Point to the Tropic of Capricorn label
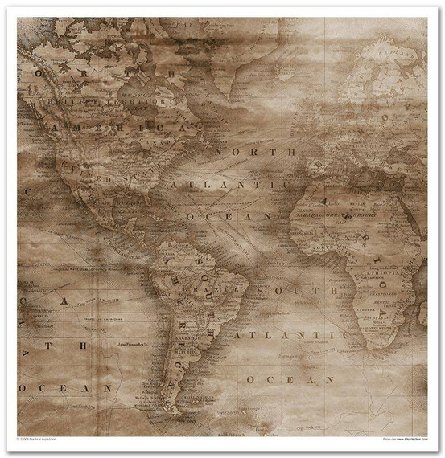click(97, 317)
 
